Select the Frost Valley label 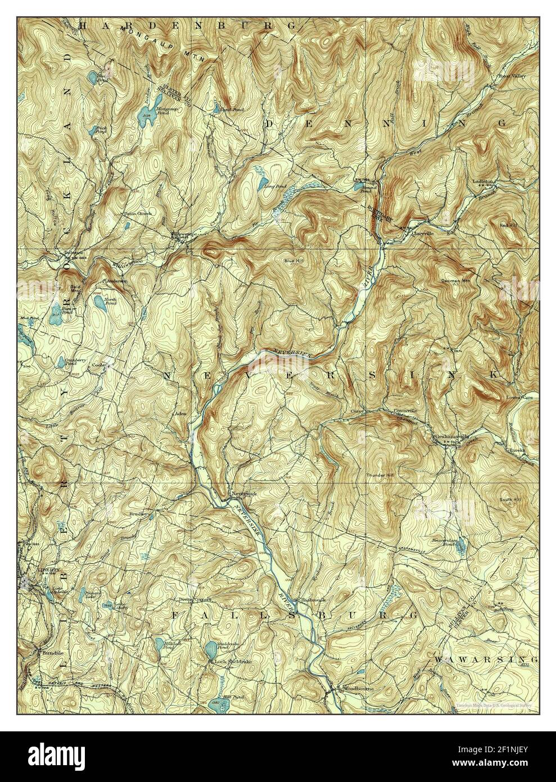tap(512, 75)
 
